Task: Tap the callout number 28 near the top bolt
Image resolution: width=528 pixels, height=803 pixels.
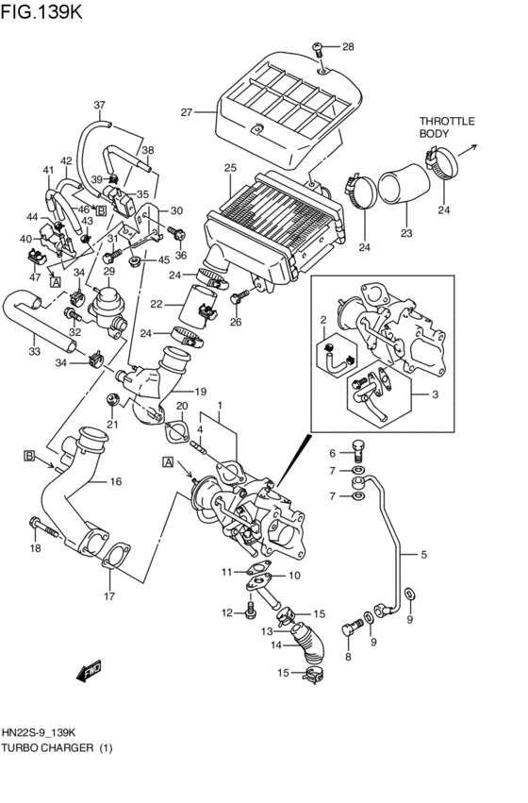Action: click(348, 46)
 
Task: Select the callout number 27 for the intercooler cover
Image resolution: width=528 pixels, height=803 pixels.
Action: click(186, 112)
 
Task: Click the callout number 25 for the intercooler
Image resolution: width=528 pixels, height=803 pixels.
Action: click(229, 168)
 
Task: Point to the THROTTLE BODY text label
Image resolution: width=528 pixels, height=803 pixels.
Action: click(446, 127)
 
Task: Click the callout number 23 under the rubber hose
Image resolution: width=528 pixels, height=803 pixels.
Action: click(406, 233)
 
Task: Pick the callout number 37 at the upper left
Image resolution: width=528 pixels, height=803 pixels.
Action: click(99, 105)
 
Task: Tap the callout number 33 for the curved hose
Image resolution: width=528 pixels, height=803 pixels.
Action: click(34, 352)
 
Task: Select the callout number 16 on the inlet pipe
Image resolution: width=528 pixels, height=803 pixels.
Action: click(116, 481)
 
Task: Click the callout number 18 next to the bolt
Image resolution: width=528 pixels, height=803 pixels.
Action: click(35, 548)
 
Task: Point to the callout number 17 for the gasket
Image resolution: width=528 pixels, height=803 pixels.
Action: click(110, 595)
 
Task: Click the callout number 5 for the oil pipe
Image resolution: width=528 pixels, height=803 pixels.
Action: click(423, 554)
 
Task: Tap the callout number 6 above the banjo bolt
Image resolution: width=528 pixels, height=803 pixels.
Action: click(331, 453)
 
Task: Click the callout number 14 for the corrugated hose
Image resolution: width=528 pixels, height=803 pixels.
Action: click(277, 646)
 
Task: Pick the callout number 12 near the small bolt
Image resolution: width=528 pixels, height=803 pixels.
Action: click(226, 613)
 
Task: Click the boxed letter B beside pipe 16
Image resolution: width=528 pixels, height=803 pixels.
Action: click(29, 457)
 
